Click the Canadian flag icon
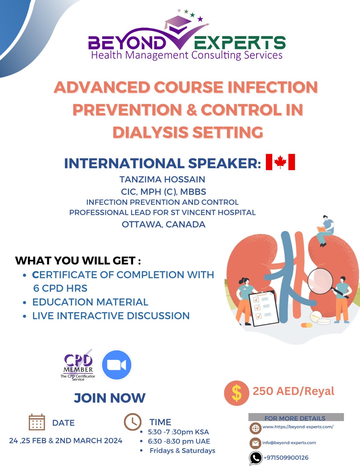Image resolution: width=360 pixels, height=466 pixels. coord(280,162)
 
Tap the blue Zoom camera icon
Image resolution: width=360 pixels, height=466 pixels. coord(117,365)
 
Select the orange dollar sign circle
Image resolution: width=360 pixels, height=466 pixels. coord(237,393)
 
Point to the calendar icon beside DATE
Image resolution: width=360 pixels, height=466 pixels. coord(37,422)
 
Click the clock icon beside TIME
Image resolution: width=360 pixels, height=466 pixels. coord(133,421)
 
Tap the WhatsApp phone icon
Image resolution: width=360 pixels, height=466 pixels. coord(256,458)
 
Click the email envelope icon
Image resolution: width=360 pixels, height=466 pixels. coord(255,443)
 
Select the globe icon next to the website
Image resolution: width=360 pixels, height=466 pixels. coord(255,428)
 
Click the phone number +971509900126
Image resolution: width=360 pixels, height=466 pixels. coord(286,458)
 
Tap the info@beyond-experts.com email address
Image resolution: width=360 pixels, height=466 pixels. coord(289,442)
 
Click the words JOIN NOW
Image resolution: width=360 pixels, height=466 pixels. coord(110,398)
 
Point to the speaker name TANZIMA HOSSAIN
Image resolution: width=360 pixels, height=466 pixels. coord(162,179)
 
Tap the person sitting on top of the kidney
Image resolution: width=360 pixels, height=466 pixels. coord(325,230)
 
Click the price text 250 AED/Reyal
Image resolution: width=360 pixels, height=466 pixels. coord(293,391)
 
